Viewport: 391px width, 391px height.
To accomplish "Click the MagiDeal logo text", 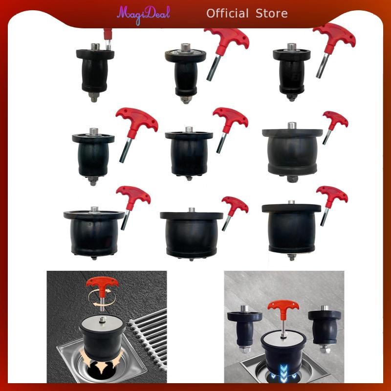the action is click(143, 15).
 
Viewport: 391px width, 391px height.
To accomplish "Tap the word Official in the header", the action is click(227, 13).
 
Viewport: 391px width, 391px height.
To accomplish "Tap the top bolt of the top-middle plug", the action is click(185, 47).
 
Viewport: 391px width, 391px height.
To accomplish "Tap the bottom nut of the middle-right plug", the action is click(292, 179).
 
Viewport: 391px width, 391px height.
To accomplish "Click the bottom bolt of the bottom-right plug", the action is click(291, 257).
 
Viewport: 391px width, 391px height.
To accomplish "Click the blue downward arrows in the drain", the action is click(284, 372).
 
